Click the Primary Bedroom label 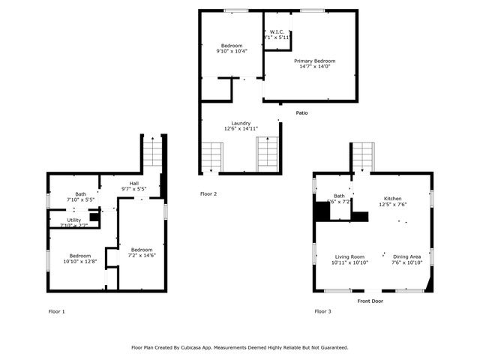click(314, 61)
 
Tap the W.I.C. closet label click(275, 31)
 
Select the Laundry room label click(241, 123)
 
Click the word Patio click(301, 113)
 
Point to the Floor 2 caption click(208, 193)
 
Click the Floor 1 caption click(56, 310)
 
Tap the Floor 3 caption click(322, 310)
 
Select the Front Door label click(370, 301)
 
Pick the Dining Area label click(406, 256)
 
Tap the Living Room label click(349, 256)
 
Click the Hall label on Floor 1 click(133, 183)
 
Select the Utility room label click(74, 220)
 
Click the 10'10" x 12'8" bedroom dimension click(80, 262)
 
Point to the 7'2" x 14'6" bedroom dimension click(141, 256)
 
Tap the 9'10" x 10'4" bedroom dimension click(231, 52)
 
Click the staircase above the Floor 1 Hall click(152, 154)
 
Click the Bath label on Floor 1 click(80, 194)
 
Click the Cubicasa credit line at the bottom click(240, 347)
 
